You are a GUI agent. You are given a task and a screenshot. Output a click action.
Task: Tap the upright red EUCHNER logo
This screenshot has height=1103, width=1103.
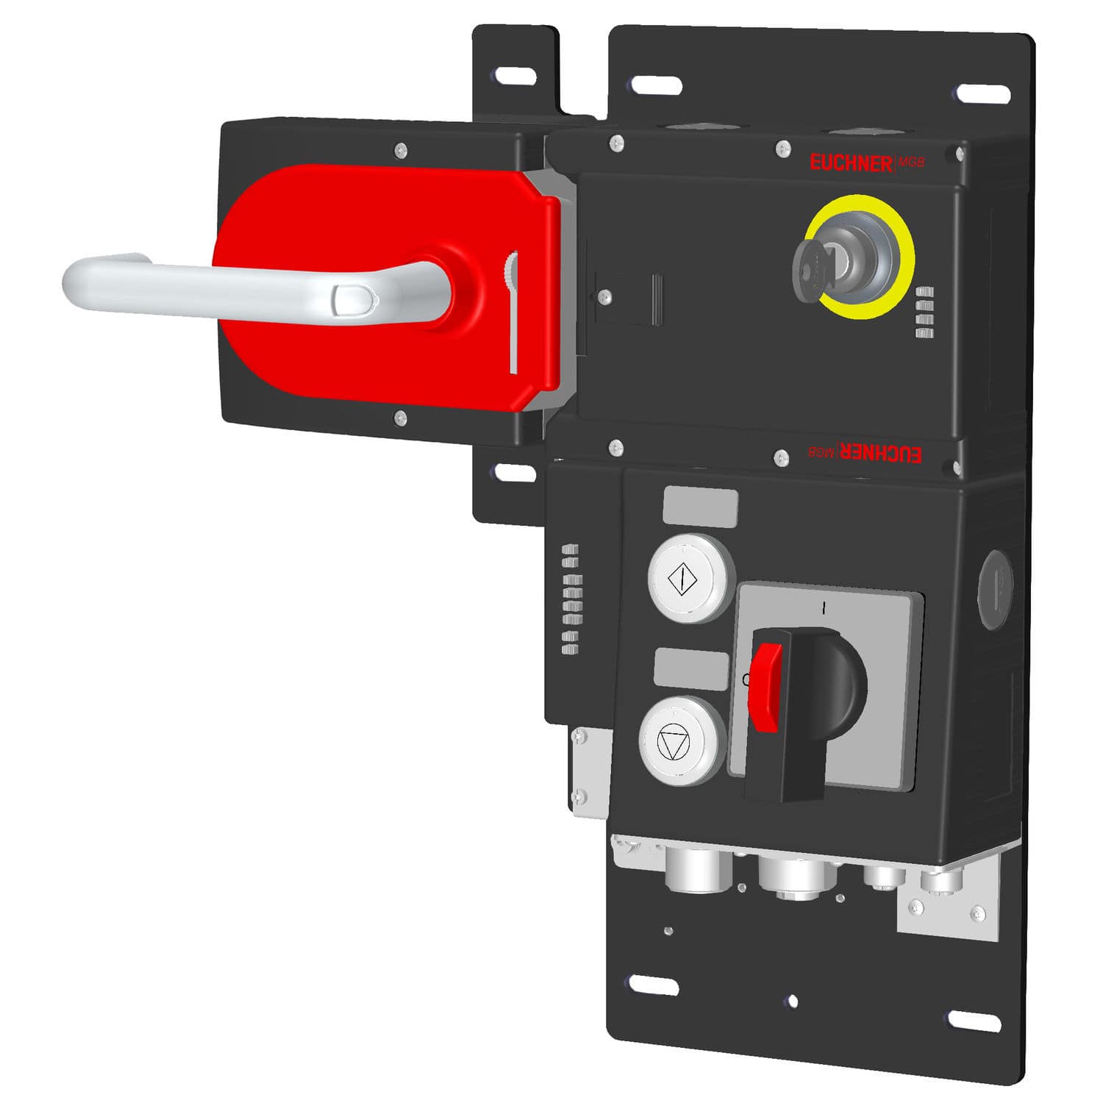pos(852,163)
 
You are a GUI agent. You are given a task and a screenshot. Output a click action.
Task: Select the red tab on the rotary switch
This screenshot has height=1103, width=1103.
pos(765,687)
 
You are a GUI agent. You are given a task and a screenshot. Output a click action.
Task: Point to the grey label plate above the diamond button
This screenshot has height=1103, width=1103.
pos(700,507)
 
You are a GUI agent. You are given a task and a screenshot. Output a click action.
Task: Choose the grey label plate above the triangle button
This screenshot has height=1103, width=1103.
pos(691,668)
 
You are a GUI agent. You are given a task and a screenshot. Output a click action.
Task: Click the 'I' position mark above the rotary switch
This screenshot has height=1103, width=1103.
pos(825,608)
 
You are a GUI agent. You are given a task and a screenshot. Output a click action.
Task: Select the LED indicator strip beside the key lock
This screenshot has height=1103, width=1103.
pos(924,312)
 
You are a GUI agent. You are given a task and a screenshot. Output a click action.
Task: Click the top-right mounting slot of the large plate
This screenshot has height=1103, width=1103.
pos(982,93)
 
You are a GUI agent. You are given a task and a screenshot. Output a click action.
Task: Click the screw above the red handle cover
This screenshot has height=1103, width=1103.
pos(399,150)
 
